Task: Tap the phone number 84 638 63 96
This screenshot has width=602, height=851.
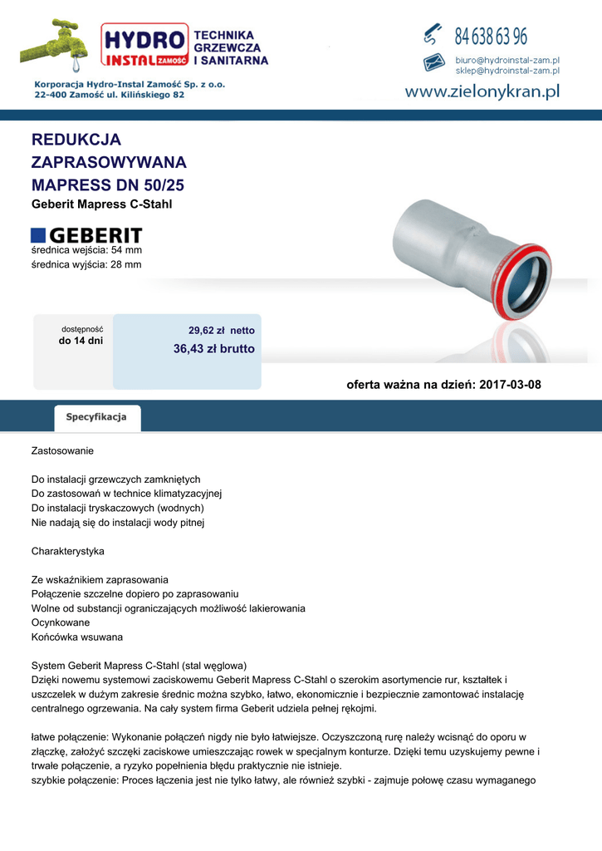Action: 490,37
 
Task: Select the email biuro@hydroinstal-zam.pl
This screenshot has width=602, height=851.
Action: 507,61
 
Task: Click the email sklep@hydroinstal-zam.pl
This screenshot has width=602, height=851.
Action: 507,71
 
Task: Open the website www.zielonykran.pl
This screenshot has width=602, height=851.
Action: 482,92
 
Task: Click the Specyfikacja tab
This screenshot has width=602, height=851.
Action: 96,417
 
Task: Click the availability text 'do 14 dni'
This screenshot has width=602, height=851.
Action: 81,341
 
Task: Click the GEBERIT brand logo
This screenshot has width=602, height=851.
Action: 86,235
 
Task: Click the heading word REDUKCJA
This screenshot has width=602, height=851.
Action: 76,140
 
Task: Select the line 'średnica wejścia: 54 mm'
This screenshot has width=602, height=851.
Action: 86,249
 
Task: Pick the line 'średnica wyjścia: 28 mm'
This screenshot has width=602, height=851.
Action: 86,264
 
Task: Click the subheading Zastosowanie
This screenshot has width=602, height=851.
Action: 62,451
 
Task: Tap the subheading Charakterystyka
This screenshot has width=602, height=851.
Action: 68,551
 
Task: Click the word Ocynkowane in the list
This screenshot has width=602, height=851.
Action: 61,622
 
